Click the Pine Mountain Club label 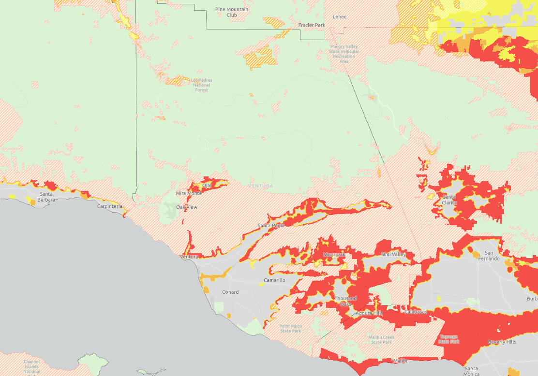click(x=232, y=12)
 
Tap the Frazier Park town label click(x=312, y=25)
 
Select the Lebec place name click(x=340, y=16)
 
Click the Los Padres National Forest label click(x=201, y=85)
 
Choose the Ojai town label click(x=207, y=185)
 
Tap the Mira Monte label click(x=189, y=193)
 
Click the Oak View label click(x=186, y=207)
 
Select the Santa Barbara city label click(x=46, y=196)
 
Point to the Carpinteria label click(x=109, y=206)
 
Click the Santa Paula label click(x=271, y=225)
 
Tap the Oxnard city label click(x=230, y=292)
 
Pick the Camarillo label click(x=274, y=280)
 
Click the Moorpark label click(x=334, y=254)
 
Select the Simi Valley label click(x=393, y=254)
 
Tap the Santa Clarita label click(x=449, y=200)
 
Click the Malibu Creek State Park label click(x=381, y=339)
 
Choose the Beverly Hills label click(x=502, y=342)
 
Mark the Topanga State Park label click(x=448, y=339)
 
